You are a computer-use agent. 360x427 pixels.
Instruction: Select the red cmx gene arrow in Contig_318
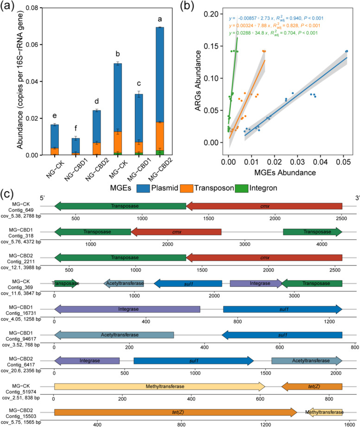[176, 232]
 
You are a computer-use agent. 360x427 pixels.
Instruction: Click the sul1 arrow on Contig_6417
[194, 360]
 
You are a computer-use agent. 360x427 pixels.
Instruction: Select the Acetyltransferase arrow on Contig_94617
[114, 335]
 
